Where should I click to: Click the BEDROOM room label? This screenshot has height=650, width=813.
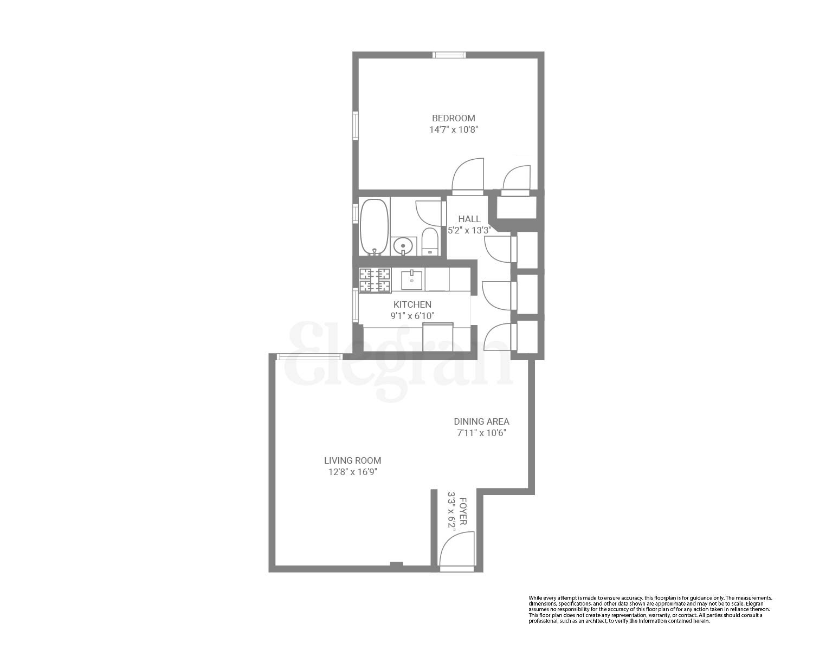(x=453, y=118)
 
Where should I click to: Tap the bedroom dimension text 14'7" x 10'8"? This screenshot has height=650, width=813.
(x=453, y=130)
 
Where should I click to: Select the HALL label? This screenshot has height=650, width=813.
(x=469, y=219)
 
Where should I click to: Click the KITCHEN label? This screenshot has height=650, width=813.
(x=412, y=304)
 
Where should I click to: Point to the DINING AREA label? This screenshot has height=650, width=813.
(x=481, y=421)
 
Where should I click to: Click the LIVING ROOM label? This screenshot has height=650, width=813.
(x=352, y=460)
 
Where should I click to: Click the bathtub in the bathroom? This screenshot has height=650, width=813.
(x=374, y=226)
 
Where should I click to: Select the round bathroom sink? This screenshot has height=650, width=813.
(x=403, y=246)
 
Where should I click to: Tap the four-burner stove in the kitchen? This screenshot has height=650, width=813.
(x=375, y=280)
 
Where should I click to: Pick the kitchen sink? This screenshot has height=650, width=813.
(x=412, y=280)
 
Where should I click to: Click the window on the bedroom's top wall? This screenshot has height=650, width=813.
(x=449, y=55)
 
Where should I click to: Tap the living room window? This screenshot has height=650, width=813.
(x=309, y=356)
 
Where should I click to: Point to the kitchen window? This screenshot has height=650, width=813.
(x=356, y=306)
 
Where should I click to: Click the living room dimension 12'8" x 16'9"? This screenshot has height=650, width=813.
(x=352, y=472)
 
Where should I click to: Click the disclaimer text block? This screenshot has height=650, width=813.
(x=649, y=609)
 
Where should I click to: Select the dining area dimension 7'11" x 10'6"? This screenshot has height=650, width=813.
(x=481, y=433)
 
